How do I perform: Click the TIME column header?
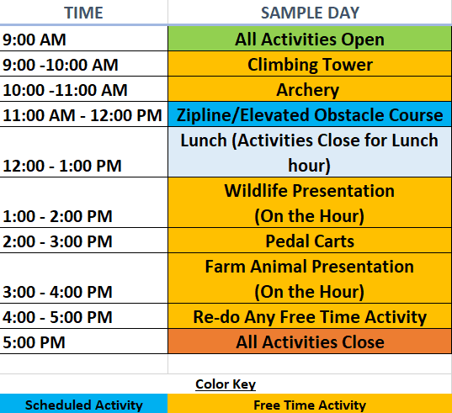pos(83,13)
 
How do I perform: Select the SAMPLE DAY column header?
pos(310,13)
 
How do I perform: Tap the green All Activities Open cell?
pos(310,39)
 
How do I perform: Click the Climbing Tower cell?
pos(310,64)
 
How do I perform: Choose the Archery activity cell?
pos(310,89)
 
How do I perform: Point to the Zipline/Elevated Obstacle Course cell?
pos(310,114)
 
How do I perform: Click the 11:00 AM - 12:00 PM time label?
pos(82,115)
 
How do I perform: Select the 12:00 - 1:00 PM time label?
pos(62,166)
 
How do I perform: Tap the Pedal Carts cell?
pos(310,241)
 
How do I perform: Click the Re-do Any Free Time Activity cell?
pos(310,316)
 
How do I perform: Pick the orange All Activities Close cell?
pos(310,342)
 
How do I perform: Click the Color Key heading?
pos(226,384)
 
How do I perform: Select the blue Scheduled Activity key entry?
pos(83,404)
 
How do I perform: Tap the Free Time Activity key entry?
pos(310,404)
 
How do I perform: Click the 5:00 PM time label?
pos(34,342)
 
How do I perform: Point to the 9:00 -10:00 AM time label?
pos(61,65)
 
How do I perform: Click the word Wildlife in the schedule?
pos(256,191)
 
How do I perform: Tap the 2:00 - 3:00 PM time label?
pos(57,241)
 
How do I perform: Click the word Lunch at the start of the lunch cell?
pos(204,140)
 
